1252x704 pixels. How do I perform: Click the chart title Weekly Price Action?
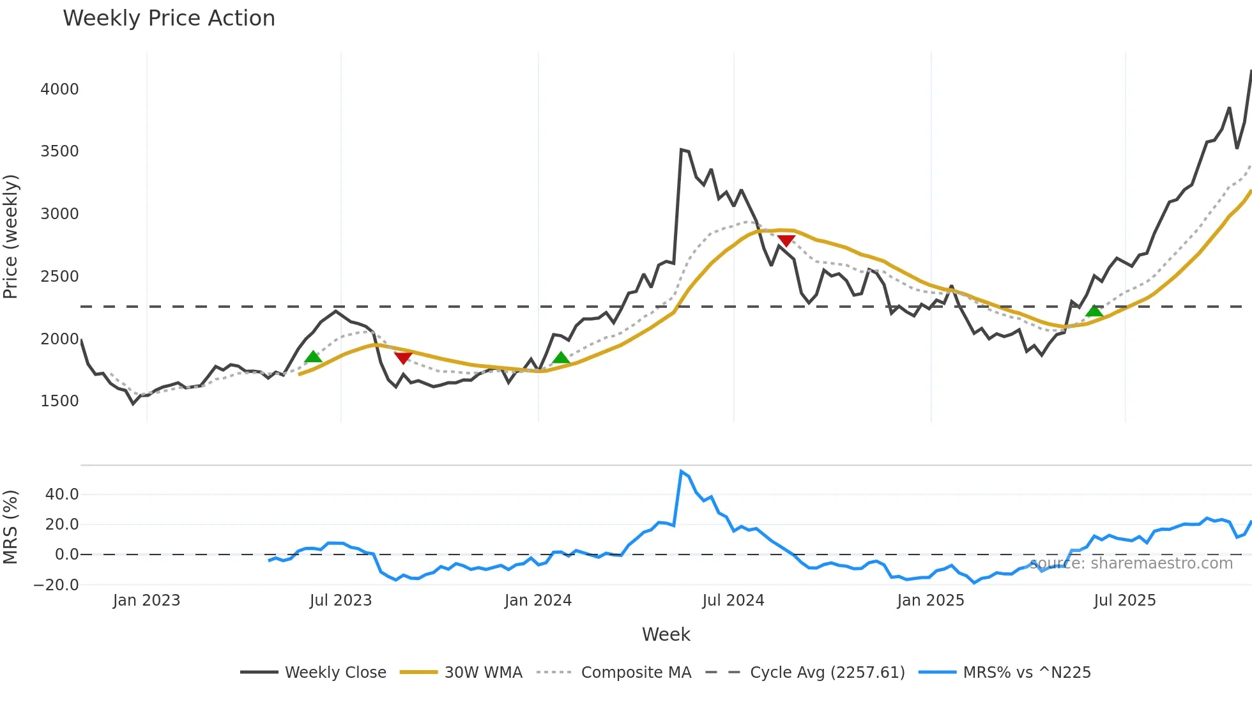169,19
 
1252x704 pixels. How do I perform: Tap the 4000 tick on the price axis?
59,89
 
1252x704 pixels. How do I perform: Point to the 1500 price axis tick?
59,401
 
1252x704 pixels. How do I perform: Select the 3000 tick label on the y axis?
59,214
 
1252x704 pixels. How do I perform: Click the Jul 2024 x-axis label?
733,601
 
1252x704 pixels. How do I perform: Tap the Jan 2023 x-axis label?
146,601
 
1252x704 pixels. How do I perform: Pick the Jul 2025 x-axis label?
1124,601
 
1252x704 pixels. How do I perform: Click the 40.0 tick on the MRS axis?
62,494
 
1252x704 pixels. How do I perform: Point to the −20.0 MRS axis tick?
56,585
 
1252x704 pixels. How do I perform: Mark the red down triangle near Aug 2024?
786,241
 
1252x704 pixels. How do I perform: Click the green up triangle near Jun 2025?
1094,311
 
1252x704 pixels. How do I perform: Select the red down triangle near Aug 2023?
403,358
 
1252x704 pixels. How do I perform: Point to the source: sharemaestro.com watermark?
1131,563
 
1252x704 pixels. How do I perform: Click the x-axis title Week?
666,634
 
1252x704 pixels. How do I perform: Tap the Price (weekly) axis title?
11,236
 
